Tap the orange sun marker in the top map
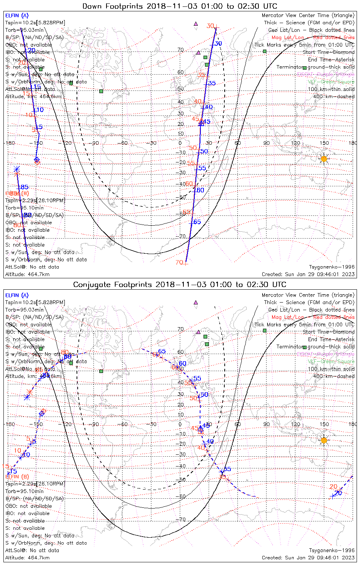[324, 159]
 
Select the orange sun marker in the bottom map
[324, 440]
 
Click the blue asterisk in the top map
[16, 169]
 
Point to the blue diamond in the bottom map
[42, 414]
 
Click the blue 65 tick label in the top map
[197, 222]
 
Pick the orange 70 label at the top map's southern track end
[179, 262]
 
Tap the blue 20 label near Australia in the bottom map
[338, 493]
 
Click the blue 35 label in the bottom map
[227, 469]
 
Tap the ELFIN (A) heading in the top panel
[17, 16]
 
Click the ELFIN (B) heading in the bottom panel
[17, 476]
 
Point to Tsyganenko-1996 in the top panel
[332, 267]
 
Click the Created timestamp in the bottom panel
[308, 557]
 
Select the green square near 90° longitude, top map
[265, 51]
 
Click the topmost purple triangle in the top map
[196, 24]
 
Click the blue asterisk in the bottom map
[27, 397]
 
